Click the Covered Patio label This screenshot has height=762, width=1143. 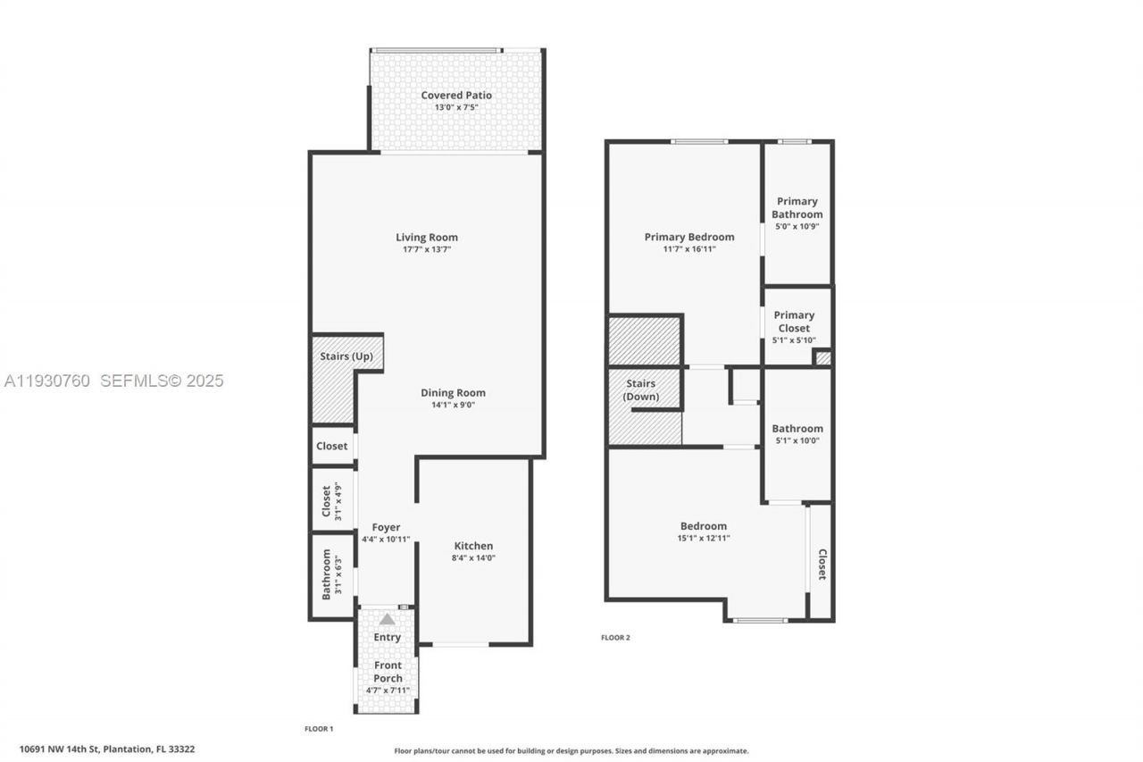[456, 96]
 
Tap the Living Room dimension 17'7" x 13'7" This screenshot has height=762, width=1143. [427, 250]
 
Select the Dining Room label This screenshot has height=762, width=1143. [453, 393]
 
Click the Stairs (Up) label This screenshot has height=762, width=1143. [346, 356]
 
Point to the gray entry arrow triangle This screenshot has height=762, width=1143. [387, 619]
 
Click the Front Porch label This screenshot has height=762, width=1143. [388, 672]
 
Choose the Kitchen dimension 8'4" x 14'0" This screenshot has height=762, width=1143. [473, 558]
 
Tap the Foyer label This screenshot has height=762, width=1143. [386, 528]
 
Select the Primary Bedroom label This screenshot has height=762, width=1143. [689, 238]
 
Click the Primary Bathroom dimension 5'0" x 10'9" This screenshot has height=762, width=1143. [797, 227]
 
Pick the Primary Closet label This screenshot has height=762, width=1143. [794, 322]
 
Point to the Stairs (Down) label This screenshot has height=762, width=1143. [642, 390]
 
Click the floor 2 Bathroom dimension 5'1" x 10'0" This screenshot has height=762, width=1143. [797, 441]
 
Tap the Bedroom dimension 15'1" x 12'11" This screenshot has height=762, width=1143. [704, 539]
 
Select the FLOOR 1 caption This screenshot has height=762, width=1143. [319, 729]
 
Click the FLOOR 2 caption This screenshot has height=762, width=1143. [615, 638]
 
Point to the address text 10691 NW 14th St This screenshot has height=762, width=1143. [63, 749]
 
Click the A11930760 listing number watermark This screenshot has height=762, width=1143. [47, 381]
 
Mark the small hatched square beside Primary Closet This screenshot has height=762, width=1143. [822, 358]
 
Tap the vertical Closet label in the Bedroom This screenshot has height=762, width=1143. [822, 565]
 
